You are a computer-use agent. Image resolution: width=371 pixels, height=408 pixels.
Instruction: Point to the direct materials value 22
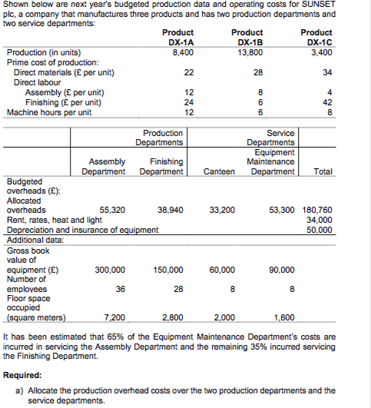coord(177,72)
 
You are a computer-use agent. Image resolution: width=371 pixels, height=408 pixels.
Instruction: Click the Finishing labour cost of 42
coord(328,102)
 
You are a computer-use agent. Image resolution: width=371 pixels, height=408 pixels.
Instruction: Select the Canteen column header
coord(222,172)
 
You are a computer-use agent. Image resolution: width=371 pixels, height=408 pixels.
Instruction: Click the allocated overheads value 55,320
coord(113,209)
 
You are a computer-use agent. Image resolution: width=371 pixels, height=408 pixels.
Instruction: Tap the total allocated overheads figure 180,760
coord(317,209)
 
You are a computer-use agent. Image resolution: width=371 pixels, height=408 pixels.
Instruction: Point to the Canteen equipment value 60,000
coord(223,270)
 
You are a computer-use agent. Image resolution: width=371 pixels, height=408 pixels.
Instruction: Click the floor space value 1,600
coord(283,317)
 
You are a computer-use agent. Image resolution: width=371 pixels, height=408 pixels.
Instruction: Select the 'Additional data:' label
coord(35,240)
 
